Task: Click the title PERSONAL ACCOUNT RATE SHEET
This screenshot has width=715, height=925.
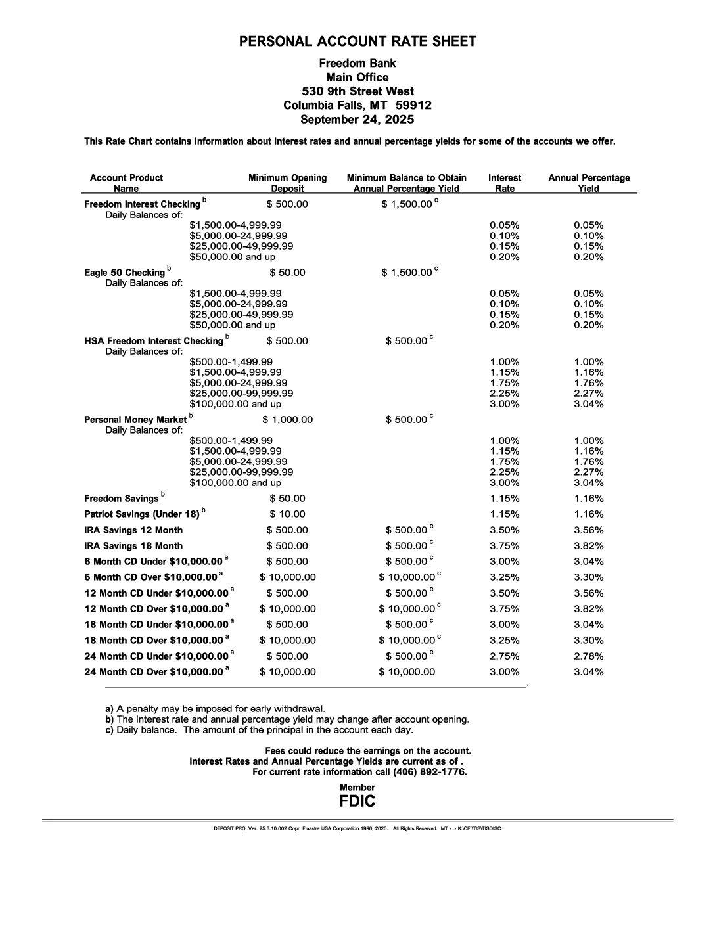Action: (357, 42)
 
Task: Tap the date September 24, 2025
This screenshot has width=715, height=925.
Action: (357, 120)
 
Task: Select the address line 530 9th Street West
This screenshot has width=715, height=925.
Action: (357, 91)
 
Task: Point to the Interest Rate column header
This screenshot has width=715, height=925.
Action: (504, 183)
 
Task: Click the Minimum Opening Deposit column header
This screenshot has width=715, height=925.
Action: (287, 183)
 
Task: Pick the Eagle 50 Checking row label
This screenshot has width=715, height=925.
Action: (124, 273)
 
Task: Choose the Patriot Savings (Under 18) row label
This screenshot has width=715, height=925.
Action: (142, 514)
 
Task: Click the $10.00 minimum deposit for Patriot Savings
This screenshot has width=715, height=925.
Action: (287, 514)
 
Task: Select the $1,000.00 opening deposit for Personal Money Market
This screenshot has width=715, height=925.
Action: (287, 420)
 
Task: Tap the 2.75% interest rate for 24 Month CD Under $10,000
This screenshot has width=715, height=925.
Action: (504, 656)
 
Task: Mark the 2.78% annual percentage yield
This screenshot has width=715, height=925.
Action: (588, 656)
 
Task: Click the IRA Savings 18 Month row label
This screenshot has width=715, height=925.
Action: (133, 546)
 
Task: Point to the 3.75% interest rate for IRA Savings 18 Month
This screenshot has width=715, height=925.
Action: (504, 546)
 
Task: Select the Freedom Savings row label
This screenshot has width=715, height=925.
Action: (122, 499)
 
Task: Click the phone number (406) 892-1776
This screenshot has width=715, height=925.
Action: (430, 772)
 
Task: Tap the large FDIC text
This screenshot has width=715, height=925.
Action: (357, 801)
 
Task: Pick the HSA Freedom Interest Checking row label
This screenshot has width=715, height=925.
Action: (154, 341)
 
